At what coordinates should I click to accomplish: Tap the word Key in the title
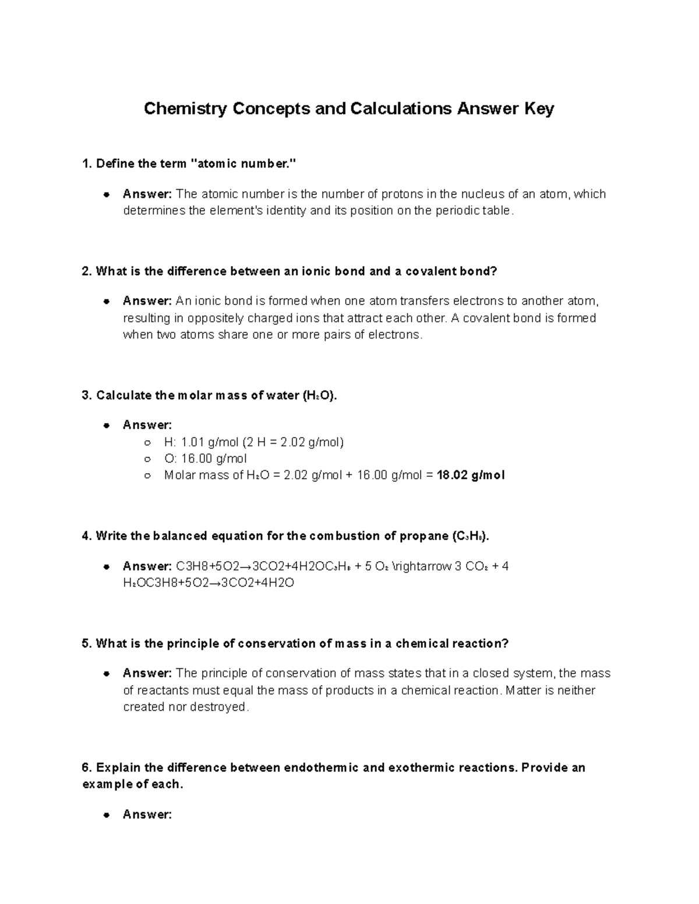tap(539, 109)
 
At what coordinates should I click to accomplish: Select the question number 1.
tap(86, 164)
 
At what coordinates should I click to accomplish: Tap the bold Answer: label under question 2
tap(147, 301)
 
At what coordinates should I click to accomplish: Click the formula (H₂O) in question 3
tap(319, 396)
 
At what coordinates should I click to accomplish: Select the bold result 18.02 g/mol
tap(470, 476)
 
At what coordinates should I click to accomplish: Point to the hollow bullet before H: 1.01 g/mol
tap(148, 442)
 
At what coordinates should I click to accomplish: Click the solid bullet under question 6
tap(107, 815)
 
